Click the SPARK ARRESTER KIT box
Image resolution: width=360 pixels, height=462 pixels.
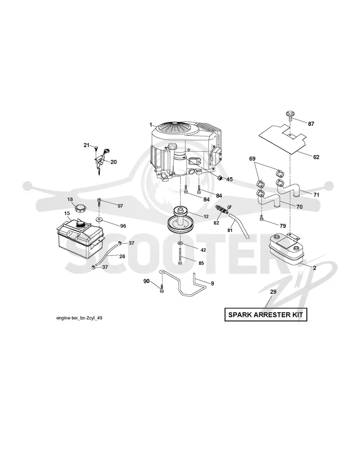(265, 314)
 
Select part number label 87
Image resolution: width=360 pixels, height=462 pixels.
(311, 124)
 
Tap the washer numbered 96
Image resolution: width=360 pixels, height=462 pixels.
(99, 219)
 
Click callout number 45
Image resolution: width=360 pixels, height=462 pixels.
(229, 179)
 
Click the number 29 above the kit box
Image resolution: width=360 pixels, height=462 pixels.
(273, 292)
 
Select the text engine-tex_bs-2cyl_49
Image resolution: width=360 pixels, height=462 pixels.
(79, 318)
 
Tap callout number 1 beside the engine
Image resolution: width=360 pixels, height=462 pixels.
(150, 125)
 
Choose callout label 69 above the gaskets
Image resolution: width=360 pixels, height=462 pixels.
(252, 158)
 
